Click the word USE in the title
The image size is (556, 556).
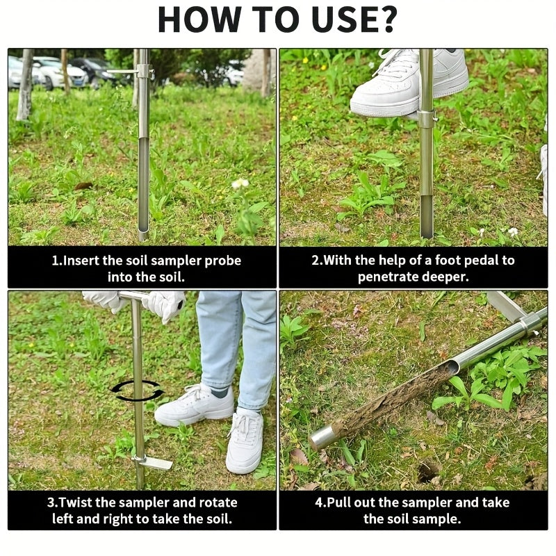coord(343,19)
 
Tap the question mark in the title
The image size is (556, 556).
coord(386,19)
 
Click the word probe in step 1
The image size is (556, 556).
coord(223,261)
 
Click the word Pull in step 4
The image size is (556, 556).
coord(338,502)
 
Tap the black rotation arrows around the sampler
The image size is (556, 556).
coord(137,391)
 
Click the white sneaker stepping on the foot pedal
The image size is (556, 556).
coord(408,82)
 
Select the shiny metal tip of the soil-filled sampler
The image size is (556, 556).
coord(322,439)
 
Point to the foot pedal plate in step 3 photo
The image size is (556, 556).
coord(154,462)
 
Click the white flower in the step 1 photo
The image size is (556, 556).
coord(240,183)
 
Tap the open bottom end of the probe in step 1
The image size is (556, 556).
coord(143,234)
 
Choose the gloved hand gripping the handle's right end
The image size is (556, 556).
coord(165,305)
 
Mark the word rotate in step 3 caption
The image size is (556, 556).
coord(218,502)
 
